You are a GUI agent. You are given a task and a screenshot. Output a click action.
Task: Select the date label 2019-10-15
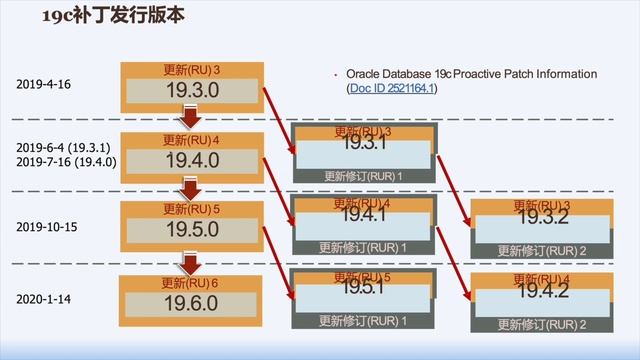coord(49,227)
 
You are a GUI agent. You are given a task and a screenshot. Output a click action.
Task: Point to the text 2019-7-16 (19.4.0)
coord(67,162)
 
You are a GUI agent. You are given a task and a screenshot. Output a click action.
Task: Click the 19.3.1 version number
coord(362,144)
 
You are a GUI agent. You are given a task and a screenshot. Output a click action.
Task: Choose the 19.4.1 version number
coord(362,215)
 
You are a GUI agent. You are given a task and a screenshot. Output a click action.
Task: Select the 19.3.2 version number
coord(541,218)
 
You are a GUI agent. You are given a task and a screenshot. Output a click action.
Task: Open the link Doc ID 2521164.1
coord(393,89)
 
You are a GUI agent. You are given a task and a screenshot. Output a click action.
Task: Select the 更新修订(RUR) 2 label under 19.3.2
coord(541,250)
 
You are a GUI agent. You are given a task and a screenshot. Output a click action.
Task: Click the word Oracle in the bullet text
coord(365,74)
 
